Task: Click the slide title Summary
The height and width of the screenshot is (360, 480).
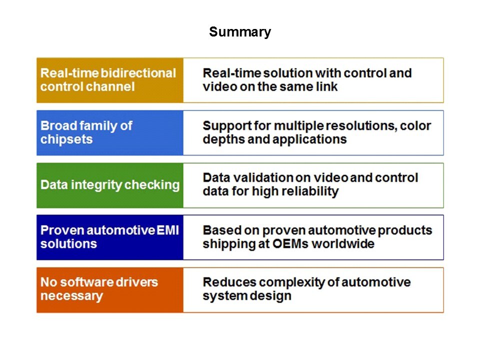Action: click(240, 32)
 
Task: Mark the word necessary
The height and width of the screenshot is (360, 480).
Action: click(71, 296)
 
